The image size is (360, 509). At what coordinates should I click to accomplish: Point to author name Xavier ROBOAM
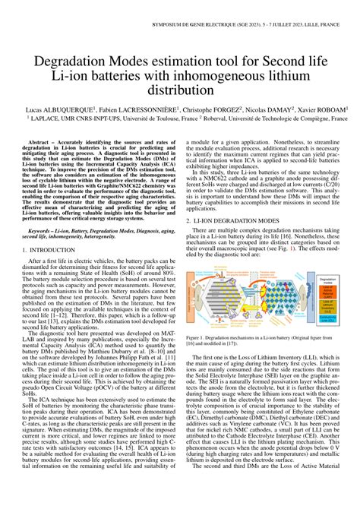click(x=319, y=109)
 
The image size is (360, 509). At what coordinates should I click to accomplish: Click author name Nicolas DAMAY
click(x=270, y=109)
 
